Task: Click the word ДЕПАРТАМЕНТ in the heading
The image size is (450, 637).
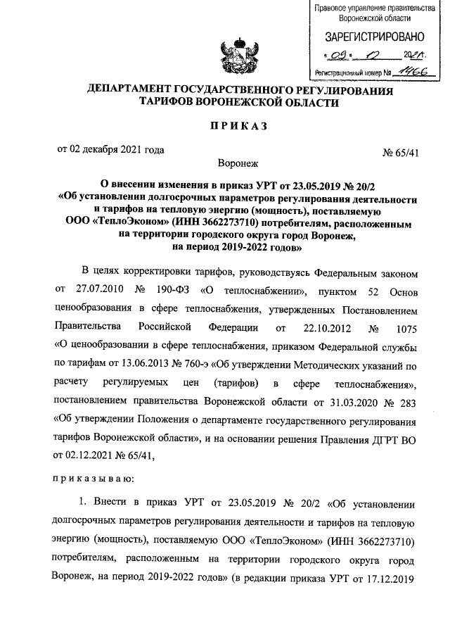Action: click(x=136, y=91)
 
